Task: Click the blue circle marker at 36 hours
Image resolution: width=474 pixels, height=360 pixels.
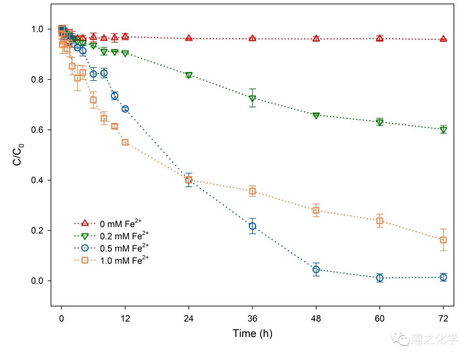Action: (252, 226)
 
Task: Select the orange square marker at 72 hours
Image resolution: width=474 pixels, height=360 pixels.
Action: (443, 240)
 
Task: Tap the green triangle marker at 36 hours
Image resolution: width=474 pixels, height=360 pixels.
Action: (252, 99)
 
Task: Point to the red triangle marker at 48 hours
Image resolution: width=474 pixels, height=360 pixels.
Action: (316, 38)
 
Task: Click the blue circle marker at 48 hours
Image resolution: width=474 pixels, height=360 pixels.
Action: (316, 269)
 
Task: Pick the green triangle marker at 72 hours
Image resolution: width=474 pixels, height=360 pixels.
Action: (443, 130)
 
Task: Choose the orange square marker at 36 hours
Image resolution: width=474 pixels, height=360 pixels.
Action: (252, 191)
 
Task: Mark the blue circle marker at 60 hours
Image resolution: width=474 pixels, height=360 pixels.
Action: (380, 278)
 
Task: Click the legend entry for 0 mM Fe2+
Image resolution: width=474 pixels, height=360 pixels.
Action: (108, 224)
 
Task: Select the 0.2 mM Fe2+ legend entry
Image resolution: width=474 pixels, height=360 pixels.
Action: (111, 235)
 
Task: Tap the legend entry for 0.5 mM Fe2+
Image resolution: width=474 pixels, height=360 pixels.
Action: (111, 248)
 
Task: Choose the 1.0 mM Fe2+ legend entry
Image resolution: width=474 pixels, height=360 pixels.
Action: (111, 260)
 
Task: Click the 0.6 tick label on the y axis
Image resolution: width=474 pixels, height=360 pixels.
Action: (37, 130)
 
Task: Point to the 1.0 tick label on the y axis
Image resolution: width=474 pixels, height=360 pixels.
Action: (37, 29)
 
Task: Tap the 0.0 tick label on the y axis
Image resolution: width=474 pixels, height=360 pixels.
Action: (37, 281)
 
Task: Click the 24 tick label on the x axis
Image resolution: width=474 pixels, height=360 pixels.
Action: (189, 319)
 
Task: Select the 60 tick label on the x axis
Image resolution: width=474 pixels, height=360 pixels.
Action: (380, 319)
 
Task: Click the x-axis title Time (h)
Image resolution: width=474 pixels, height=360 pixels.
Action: (252, 333)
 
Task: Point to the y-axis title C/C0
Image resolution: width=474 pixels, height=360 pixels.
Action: (18, 155)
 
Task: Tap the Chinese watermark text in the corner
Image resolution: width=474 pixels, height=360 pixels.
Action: (434, 339)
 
